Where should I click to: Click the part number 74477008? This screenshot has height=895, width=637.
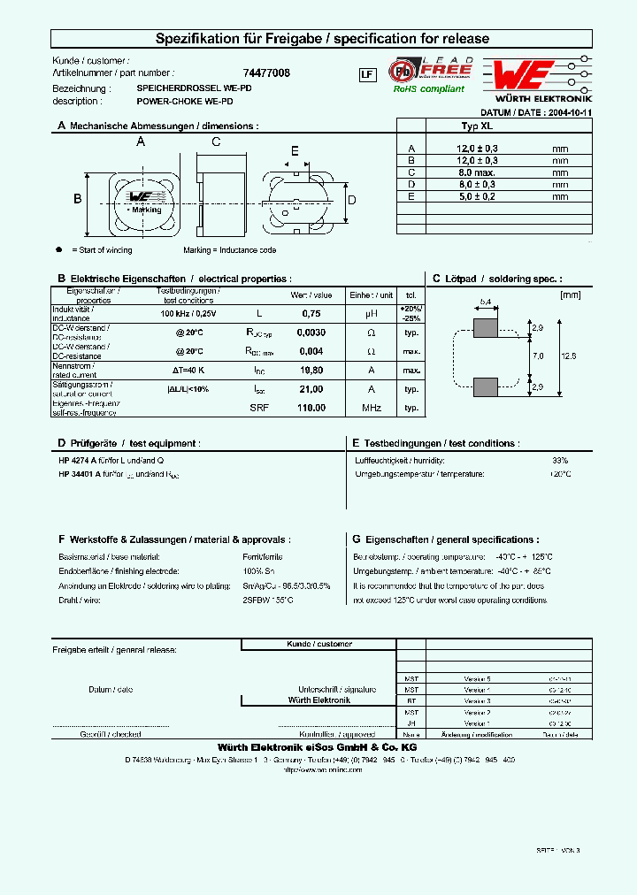[265, 73]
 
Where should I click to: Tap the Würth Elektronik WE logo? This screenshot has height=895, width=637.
[524, 73]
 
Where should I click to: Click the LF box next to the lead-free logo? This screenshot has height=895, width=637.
[366, 74]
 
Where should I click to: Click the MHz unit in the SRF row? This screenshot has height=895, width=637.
[371, 408]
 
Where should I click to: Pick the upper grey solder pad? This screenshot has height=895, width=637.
[486, 328]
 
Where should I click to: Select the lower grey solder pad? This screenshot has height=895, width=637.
[486, 387]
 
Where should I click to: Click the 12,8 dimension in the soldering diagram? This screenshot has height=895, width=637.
[568, 355]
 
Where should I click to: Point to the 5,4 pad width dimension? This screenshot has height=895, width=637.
[485, 302]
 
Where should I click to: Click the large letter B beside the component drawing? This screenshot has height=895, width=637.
[77, 199]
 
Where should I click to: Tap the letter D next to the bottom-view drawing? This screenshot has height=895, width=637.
[351, 201]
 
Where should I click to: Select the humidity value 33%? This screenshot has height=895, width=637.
[560, 461]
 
